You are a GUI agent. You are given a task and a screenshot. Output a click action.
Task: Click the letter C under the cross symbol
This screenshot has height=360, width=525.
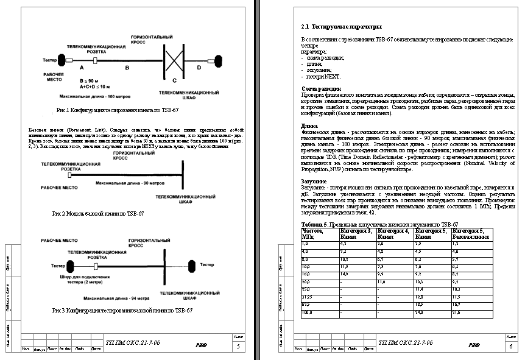click(175, 80)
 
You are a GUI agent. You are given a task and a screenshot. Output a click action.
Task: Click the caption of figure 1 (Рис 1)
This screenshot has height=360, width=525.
click(117, 110)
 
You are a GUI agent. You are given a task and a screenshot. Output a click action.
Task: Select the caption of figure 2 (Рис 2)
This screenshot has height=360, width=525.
click(98, 214)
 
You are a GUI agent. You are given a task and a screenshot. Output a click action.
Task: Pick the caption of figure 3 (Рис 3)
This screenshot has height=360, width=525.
click(122, 311)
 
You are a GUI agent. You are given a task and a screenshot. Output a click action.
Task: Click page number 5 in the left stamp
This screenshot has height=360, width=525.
click(238, 346)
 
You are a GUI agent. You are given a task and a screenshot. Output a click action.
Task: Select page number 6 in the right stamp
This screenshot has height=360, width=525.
click(510, 346)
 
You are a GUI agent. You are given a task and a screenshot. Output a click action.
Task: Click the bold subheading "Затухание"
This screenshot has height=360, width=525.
click(314, 182)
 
